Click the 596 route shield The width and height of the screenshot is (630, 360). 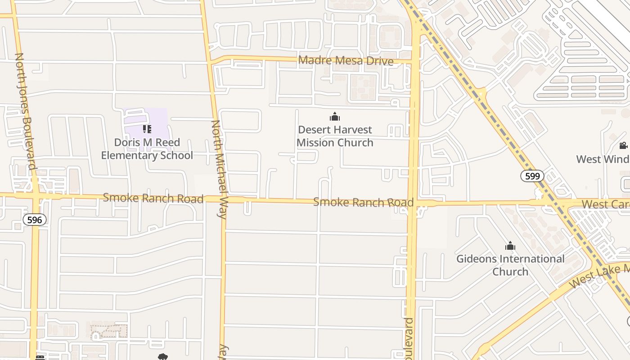pos(35,220)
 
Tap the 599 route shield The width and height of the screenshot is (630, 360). pos(532,176)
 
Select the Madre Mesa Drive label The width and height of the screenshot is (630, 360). pos(346,61)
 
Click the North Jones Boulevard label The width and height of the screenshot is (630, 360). pos(26,111)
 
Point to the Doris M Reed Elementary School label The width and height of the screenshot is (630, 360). pos(147,149)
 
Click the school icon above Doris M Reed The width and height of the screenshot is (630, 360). pos(147,130)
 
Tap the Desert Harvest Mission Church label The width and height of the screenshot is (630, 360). pos(335,136)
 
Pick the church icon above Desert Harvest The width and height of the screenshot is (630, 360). pos(334,117)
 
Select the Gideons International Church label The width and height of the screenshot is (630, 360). pos(510,265)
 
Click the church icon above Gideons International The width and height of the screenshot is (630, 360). pos(510,246)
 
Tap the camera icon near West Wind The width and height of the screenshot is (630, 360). pos(623,145)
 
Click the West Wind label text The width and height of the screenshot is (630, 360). pos(603,159)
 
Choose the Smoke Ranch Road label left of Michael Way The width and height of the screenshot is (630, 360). pos(153,198)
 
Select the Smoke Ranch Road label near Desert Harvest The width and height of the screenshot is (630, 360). pos(363,202)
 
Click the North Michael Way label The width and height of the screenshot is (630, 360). pos(219,169)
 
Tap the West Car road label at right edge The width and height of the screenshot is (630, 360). pos(605,204)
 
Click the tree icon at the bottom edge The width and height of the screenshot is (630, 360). pos(163,357)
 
